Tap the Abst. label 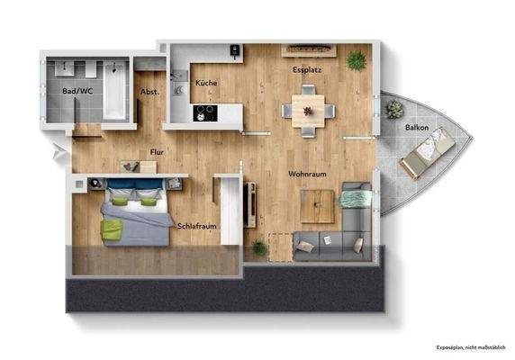click(149, 92)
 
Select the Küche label click(206, 83)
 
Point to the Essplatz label click(307, 69)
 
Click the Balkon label click(416, 128)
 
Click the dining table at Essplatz click(307, 110)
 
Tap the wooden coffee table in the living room click(316, 207)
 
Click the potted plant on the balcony click(394, 110)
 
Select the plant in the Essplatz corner click(357, 61)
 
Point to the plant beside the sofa click(260, 247)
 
